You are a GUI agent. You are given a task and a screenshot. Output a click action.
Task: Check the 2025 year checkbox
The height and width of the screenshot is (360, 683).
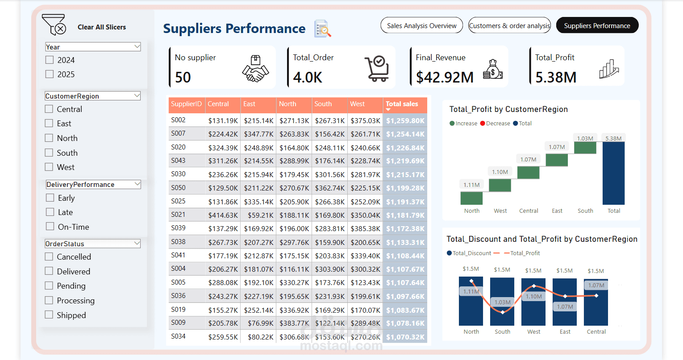(x=50, y=74)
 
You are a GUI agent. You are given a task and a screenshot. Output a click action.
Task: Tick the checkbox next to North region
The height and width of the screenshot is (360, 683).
(x=49, y=138)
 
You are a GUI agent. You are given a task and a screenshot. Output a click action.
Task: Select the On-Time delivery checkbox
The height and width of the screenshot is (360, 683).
(x=50, y=227)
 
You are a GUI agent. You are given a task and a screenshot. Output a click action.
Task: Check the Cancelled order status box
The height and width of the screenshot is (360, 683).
(x=49, y=257)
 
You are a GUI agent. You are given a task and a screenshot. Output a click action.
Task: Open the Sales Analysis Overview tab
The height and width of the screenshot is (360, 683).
(x=421, y=26)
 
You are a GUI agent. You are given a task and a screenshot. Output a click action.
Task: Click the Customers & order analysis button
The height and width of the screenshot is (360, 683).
(x=509, y=26)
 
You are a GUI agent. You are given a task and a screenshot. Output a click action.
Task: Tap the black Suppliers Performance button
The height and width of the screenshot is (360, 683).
(x=597, y=26)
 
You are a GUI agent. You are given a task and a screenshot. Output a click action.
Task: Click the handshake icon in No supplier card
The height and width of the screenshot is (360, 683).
(x=255, y=69)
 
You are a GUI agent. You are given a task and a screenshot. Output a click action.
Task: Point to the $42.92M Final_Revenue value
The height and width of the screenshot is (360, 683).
(x=445, y=77)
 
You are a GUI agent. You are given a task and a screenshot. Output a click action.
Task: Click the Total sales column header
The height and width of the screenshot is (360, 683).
(x=402, y=104)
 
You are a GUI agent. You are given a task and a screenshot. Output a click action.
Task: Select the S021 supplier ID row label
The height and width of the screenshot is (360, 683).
(x=178, y=215)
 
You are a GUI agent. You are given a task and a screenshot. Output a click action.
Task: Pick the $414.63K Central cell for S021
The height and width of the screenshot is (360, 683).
(x=223, y=215)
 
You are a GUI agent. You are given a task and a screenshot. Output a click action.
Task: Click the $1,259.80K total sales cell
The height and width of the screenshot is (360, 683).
(x=405, y=120)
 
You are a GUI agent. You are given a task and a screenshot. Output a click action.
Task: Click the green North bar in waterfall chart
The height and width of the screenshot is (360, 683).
(x=471, y=198)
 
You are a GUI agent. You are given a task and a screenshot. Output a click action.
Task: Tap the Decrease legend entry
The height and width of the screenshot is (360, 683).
(x=495, y=124)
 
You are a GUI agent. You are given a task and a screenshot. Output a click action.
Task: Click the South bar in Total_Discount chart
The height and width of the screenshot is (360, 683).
(x=502, y=302)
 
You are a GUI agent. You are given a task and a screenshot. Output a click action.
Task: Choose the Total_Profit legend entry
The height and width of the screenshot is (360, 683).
(x=522, y=253)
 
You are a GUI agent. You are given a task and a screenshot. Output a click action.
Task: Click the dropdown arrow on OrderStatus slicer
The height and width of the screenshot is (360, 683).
(x=137, y=244)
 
